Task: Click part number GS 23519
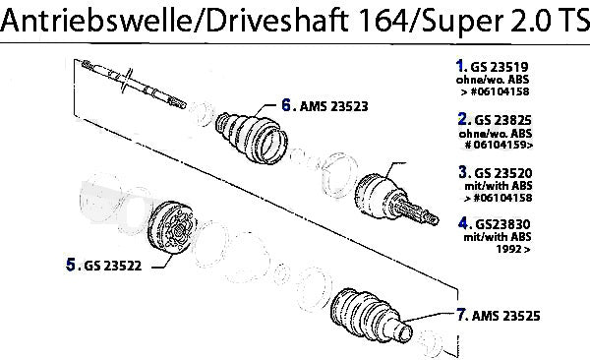500,67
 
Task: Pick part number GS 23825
503,120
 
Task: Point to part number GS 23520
503,173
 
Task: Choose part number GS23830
503,225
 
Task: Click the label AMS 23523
333,106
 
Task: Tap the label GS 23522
113,266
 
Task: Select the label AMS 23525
506,316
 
